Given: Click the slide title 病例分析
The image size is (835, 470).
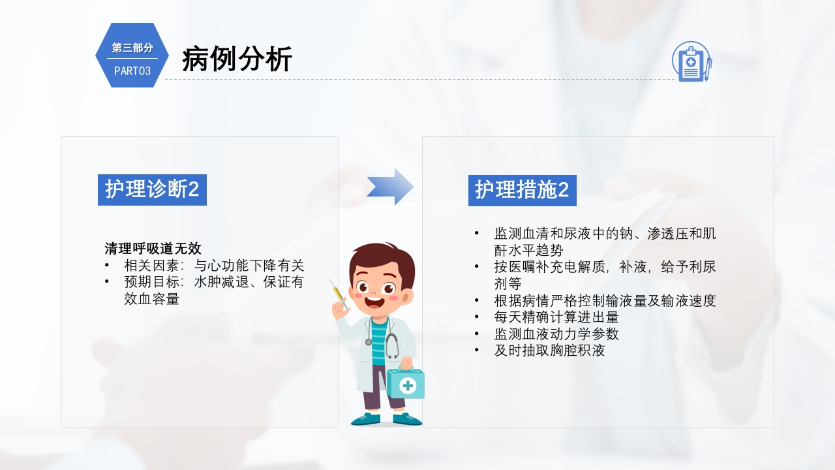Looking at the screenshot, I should click(237, 59).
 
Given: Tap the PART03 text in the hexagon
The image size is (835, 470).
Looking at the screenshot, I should click(132, 70).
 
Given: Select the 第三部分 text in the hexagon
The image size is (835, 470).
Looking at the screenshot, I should click(132, 48).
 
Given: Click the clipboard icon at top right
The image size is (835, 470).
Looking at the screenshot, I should click(691, 61).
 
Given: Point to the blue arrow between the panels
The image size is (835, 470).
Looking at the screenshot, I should click(390, 187).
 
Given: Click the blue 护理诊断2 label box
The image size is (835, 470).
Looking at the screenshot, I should click(152, 189).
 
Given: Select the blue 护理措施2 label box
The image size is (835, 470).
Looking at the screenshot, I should click(522, 189).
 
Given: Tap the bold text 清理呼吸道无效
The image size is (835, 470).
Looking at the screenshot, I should click(153, 249).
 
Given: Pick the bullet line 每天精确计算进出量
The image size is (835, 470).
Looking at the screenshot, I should click(556, 317).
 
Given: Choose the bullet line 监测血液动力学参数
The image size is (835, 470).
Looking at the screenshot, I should click(556, 334).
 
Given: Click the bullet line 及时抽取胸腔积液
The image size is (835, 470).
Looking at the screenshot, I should click(549, 351).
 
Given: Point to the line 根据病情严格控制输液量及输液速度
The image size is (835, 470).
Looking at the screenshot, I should click(605, 300).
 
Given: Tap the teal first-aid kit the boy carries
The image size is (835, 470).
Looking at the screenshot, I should click(406, 384).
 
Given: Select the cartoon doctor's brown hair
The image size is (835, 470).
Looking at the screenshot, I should click(381, 258).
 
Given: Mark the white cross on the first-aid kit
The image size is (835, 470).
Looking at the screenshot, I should click(408, 385).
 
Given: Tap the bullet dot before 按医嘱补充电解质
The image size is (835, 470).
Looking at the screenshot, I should click(477, 266).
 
